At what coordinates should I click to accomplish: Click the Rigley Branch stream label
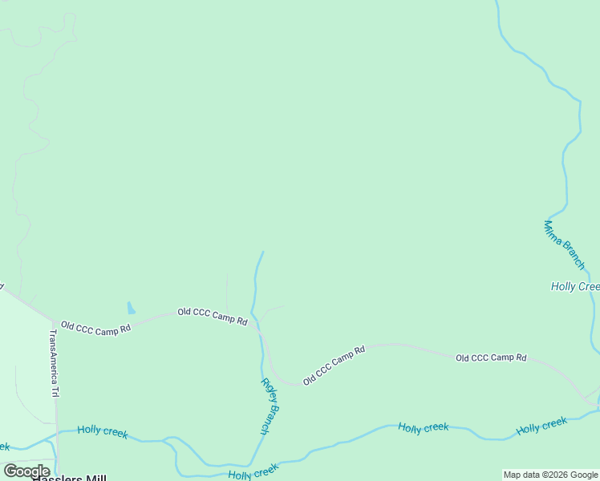pos(270,406)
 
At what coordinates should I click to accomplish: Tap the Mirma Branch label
pos(565,245)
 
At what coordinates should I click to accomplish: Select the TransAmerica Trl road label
pos(55,364)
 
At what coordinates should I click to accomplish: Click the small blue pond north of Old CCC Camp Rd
pos(131,309)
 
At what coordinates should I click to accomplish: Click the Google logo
pos(26,471)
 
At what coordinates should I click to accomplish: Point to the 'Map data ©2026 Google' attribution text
pos(550,475)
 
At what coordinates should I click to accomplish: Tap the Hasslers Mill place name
pos(69,479)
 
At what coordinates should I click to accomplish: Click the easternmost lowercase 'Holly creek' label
pos(541,426)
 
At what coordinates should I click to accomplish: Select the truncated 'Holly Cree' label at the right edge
pos(575,286)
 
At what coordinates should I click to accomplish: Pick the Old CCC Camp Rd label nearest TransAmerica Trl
pos(95,329)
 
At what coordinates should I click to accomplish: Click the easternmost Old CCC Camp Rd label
pos(491,358)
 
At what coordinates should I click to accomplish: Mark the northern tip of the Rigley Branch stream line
pos(263,253)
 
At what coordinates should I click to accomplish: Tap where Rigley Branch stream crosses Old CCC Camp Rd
pos(258,326)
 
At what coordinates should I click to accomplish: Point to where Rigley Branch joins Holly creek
pos(250,465)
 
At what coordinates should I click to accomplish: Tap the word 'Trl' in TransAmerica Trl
pos(55,392)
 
